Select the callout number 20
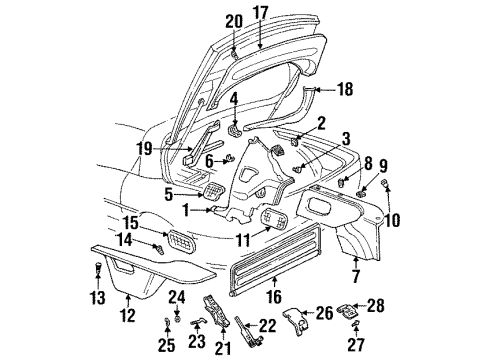click(x=233, y=21)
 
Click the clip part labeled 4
click(x=235, y=128)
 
